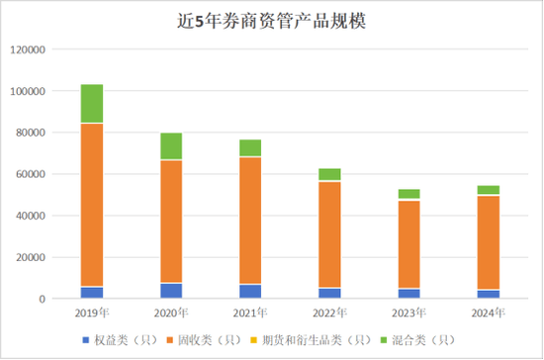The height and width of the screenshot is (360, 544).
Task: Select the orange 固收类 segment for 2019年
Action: tap(92, 205)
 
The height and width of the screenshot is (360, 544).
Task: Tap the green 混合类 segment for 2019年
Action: tap(92, 104)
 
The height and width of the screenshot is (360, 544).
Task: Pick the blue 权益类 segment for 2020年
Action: tap(170, 290)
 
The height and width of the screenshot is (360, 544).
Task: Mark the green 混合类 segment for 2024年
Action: tap(488, 190)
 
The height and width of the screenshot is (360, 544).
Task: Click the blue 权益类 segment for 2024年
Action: tap(488, 294)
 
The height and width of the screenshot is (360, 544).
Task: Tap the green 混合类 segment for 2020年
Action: tap(170, 146)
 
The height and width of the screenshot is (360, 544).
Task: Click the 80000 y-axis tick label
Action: tap(45, 133)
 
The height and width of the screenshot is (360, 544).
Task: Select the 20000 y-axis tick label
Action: tap(45, 257)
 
